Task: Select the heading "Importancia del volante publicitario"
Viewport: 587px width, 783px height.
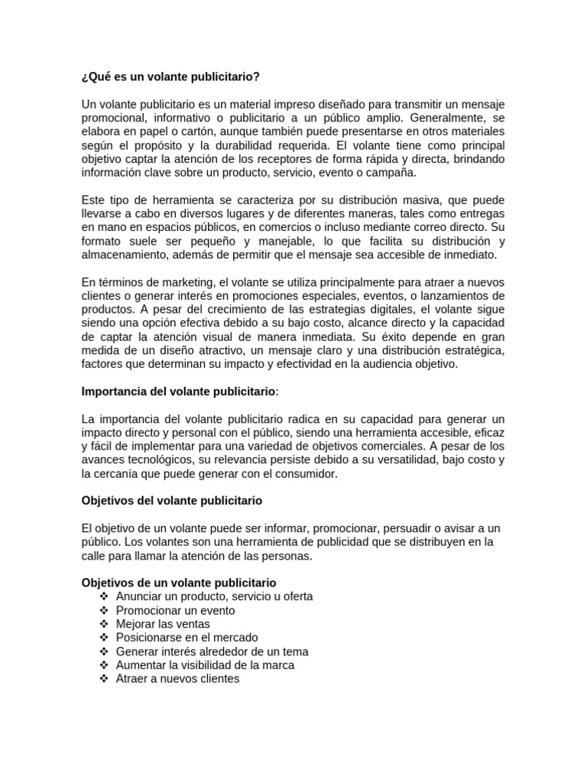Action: [180, 391]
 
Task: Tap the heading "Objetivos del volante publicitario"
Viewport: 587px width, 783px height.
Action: [172, 501]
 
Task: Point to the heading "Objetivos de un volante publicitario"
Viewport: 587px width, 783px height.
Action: [179, 583]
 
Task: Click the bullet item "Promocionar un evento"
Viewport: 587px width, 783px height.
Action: [175, 610]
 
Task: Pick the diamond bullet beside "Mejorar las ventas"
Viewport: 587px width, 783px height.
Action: [104, 624]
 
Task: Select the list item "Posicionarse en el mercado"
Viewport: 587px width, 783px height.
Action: [187, 638]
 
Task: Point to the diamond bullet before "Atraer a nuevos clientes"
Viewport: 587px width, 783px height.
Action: [104, 678]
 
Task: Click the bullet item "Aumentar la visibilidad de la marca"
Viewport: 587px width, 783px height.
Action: [206, 665]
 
